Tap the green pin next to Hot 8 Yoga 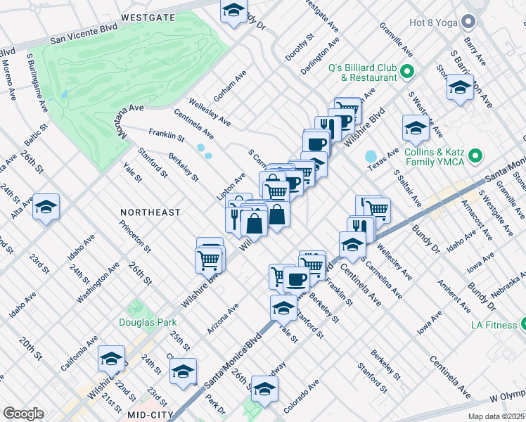pos(468,23)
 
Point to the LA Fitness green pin pos(525,324)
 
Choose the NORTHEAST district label pos(150,212)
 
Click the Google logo pos(23,414)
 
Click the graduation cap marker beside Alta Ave pos(46,207)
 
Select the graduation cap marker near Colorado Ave pos(264,388)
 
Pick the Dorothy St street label pos(297,48)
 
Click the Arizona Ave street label pos(223,318)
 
